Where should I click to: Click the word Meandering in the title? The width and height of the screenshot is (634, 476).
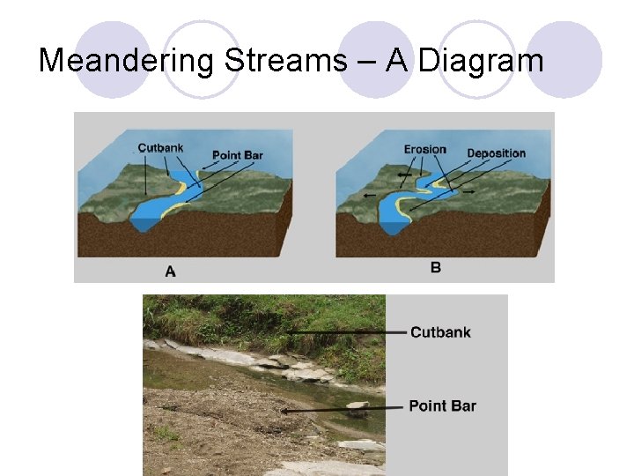(x=128, y=62)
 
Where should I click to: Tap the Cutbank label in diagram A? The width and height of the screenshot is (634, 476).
(x=160, y=148)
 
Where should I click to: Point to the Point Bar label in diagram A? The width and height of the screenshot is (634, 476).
(x=238, y=156)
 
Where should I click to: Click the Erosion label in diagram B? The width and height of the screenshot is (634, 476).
(x=425, y=149)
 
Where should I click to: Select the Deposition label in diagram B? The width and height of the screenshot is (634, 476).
(x=496, y=153)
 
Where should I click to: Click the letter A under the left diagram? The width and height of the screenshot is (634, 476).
(x=170, y=271)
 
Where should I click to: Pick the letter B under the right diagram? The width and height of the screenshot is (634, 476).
(x=436, y=267)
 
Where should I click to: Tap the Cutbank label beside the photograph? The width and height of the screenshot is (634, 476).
(x=440, y=332)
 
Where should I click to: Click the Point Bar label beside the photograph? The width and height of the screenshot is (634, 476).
(x=442, y=406)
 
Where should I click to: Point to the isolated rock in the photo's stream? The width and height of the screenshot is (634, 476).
(x=357, y=405)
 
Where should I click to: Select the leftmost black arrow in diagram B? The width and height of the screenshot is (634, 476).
(x=368, y=195)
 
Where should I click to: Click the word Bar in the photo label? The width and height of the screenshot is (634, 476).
(x=464, y=406)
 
